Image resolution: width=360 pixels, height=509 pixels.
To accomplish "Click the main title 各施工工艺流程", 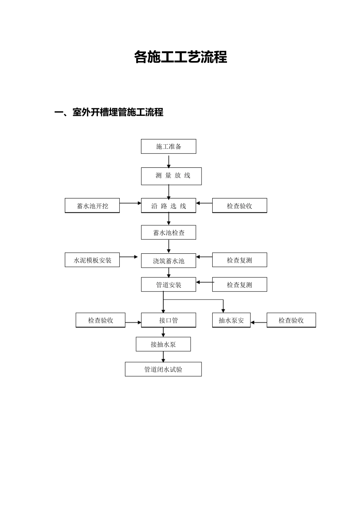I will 180,57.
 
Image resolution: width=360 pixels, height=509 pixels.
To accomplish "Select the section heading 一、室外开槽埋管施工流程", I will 109,112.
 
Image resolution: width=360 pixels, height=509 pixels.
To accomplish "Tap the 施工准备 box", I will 169,147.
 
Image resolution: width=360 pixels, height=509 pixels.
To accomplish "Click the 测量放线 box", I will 171,176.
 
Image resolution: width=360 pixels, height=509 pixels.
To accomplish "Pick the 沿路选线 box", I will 169,206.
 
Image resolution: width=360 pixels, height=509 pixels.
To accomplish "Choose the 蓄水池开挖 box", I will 92,206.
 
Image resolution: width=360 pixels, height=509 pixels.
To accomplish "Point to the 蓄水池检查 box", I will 169,233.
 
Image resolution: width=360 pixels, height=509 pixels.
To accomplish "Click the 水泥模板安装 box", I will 92,260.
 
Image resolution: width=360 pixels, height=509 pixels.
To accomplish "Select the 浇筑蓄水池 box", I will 169,261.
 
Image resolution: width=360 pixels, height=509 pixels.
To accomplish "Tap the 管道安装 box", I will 169,284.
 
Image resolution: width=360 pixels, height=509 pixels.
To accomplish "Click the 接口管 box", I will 169,320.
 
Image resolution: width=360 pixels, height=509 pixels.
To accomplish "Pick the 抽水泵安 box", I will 231,320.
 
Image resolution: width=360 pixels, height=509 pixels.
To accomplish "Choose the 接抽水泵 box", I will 163,344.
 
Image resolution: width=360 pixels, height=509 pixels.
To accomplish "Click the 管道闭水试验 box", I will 163,369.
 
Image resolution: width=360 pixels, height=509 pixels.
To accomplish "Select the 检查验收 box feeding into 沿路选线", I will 239,206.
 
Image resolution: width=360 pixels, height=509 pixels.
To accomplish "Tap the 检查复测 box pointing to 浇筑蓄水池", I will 239,260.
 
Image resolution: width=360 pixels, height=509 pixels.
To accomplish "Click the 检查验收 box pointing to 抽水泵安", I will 291,320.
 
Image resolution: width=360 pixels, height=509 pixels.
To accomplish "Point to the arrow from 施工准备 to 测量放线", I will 169,161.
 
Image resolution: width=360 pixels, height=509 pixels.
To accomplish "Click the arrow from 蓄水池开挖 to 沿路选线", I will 130,203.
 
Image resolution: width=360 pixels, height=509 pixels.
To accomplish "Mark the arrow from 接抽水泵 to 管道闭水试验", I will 163,356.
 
